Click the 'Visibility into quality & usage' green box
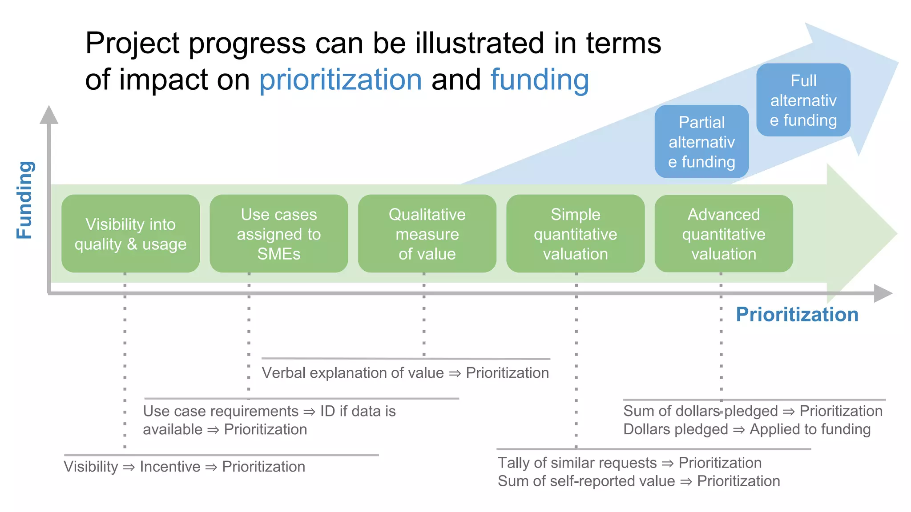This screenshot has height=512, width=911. [130, 234]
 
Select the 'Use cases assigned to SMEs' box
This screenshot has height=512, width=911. [278, 234]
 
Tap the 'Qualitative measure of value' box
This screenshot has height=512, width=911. [427, 234]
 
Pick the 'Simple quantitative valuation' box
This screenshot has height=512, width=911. [575, 234]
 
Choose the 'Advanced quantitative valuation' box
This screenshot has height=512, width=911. [724, 234]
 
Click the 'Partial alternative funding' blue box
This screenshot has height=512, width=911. [701, 142]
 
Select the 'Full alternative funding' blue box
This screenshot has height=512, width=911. [803, 100]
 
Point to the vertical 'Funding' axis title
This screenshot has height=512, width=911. [25, 200]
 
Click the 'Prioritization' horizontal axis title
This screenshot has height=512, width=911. [797, 315]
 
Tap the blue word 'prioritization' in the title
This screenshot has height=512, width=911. [340, 80]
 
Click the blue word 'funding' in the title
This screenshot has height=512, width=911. [540, 80]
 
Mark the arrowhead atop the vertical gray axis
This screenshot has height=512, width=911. [49, 115]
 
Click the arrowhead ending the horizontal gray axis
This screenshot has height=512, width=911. [883, 293]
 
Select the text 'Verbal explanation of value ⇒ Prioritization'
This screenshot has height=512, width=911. [405, 373]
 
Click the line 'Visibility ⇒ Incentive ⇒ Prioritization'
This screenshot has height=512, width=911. [184, 467]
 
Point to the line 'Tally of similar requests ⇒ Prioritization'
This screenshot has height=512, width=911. [629, 463]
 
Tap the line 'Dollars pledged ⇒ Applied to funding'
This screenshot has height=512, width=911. [747, 429]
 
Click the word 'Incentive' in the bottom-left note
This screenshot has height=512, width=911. [170, 467]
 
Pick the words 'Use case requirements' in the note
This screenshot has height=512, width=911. [221, 411]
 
